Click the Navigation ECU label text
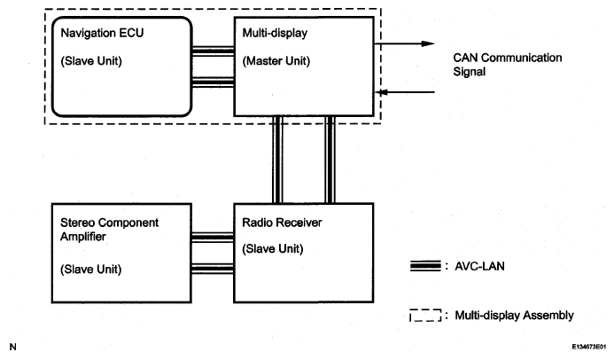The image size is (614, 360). (102, 33)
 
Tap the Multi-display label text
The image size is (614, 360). (275, 33)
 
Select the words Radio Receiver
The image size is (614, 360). (282, 223)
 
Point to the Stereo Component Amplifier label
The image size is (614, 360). (109, 230)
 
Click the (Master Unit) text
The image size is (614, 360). (276, 61)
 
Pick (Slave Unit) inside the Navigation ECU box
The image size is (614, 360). (91, 61)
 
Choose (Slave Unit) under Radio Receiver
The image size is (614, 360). (273, 249)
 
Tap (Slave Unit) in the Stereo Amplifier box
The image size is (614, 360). (91, 270)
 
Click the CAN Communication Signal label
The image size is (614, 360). (508, 65)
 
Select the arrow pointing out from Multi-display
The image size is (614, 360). (405, 43)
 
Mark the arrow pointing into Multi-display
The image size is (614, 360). (405, 92)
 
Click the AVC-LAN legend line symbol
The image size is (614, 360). (425, 266)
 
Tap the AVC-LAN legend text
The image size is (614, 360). (479, 266)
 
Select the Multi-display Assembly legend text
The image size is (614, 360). (514, 316)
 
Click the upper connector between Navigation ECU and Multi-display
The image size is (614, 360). (213, 51)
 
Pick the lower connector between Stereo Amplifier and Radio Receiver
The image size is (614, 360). (213, 269)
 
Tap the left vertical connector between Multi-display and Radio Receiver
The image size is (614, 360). (277, 160)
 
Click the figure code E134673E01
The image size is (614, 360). (589, 347)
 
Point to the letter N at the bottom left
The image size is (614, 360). (13, 347)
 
